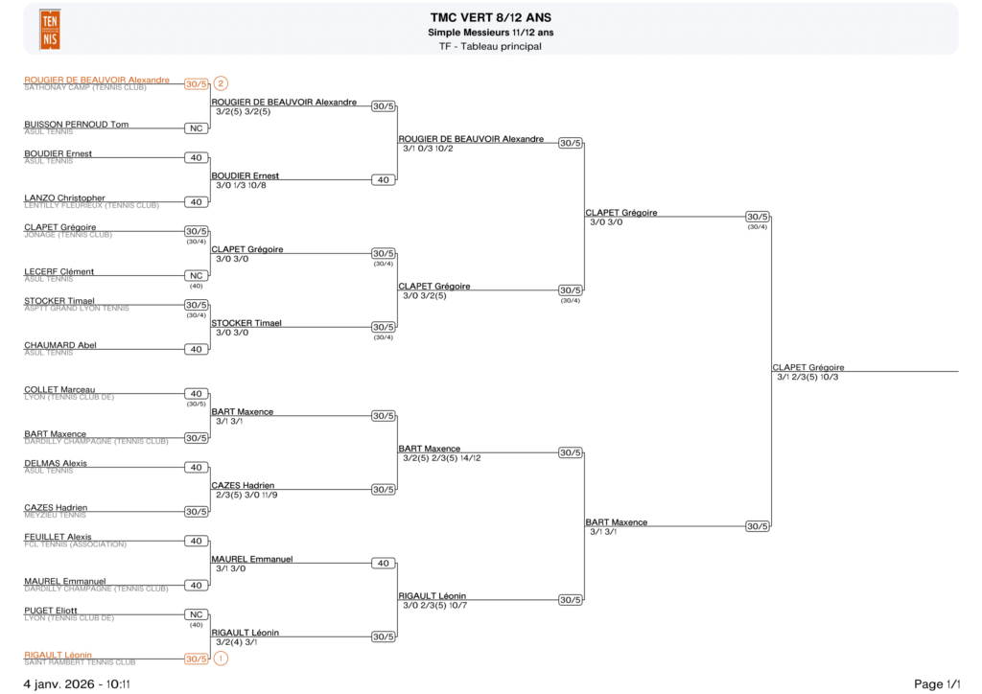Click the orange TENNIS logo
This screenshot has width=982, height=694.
pos(50,29)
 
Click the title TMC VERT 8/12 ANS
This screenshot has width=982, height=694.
pos(491,17)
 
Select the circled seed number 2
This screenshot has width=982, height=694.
pos(221,83)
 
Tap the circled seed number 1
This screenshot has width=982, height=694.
pos(221,659)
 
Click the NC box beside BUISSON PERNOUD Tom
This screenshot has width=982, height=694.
pos(196,127)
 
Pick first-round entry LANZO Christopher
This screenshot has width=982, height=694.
pos(64,197)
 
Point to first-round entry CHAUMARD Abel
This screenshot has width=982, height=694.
pos(60,345)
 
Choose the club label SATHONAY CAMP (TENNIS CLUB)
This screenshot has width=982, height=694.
pos(85,87)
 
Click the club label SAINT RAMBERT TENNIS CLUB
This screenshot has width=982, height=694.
pos(80,662)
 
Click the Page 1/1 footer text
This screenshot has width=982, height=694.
pos(936,683)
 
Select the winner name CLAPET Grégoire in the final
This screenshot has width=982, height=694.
pos(807,367)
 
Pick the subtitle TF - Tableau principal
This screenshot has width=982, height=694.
pos(491,46)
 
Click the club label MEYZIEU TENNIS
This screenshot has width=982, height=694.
pos(55,515)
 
